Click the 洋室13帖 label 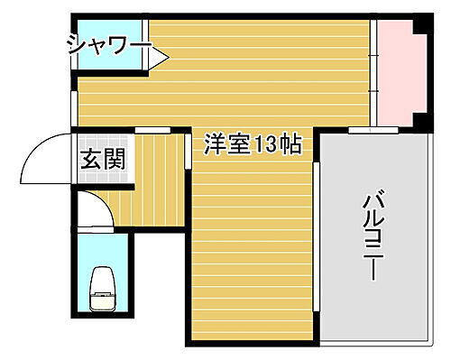253,144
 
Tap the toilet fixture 102,289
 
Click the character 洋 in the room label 215,144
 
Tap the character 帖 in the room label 290,144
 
